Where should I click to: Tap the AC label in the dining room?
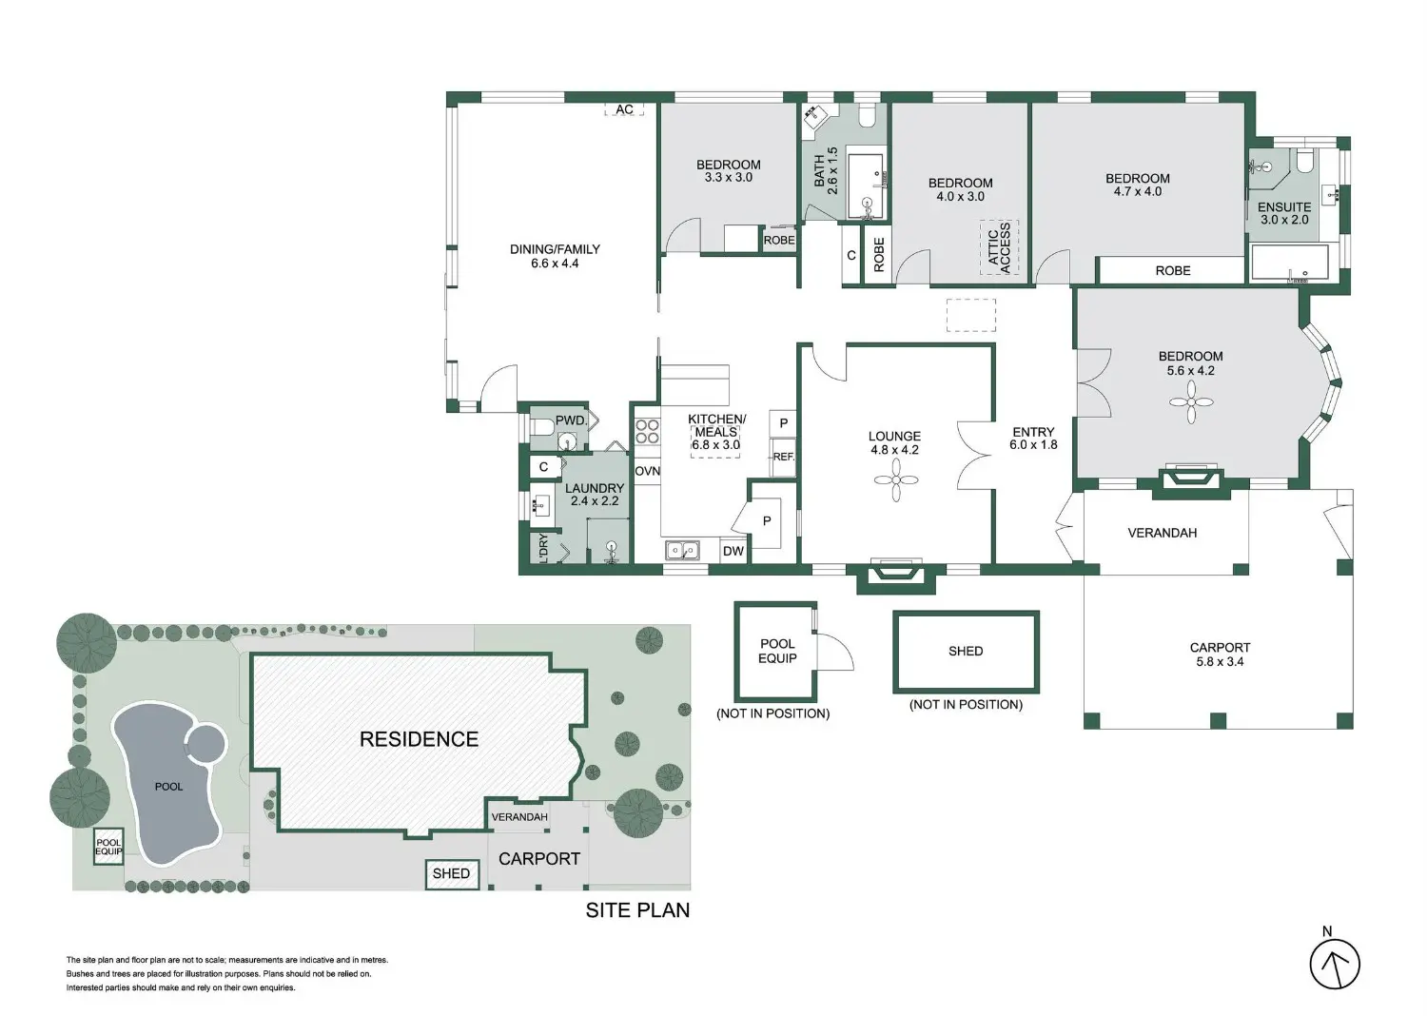(x=624, y=109)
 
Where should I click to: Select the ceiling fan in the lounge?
(x=896, y=479)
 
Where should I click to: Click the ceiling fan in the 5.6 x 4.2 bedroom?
(x=1191, y=402)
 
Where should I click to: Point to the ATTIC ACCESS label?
(x=1000, y=247)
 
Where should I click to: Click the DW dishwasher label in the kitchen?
(x=733, y=551)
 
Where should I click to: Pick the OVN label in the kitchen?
(x=647, y=471)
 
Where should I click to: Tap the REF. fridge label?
(x=784, y=457)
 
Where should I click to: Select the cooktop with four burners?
(x=647, y=431)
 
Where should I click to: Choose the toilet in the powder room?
(x=543, y=426)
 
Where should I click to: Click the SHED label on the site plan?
(x=451, y=873)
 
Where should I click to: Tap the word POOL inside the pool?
(x=168, y=787)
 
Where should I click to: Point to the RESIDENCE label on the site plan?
(x=419, y=739)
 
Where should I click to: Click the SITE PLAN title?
(x=637, y=910)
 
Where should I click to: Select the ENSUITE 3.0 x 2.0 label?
(x=1284, y=213)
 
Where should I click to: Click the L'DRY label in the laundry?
(x=543, y=549)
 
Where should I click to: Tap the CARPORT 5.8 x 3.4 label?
(x=1220, y=655)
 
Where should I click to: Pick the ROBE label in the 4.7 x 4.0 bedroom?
(x=1173, y=271)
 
